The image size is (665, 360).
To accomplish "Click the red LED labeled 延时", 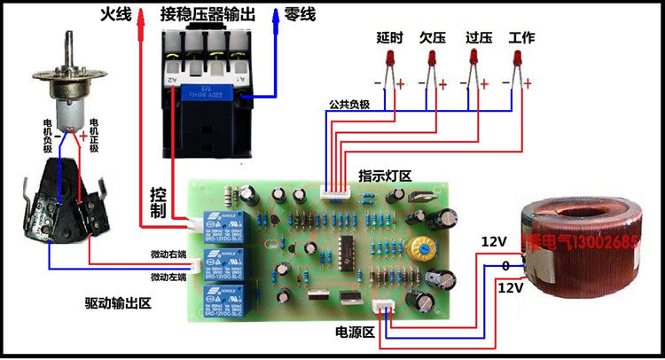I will point(388,60).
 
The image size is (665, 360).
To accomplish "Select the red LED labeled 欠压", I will point(432,60).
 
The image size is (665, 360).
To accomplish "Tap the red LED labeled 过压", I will point(473,60).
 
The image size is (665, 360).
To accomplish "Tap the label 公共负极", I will point(348,104).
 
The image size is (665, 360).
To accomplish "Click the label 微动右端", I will point(168,256).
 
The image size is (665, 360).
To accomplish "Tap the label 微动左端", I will point(168,277).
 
